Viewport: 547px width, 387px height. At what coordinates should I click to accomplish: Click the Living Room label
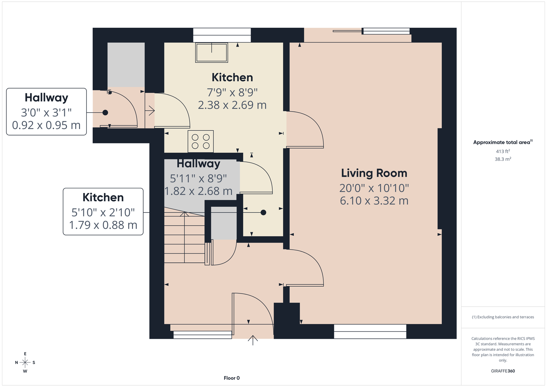pos(374,173)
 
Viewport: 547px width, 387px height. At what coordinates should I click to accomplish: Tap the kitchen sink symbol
pos(212,53)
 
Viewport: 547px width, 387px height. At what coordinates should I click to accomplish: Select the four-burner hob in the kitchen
pos(201,142)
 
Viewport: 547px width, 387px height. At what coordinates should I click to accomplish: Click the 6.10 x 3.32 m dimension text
pos(374,201)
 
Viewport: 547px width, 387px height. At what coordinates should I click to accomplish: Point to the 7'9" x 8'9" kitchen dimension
pos(232,92)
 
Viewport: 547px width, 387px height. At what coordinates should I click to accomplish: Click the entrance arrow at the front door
pos(253,340)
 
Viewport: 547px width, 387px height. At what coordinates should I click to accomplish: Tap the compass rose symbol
pos(25,362)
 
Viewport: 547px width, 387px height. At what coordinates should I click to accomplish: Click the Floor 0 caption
pos(232,378)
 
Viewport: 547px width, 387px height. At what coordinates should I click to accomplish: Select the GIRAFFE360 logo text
pos(503,371)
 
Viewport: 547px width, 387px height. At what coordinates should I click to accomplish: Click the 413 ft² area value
pos(503,151)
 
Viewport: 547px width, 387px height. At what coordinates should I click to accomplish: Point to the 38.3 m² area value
pos(503,159)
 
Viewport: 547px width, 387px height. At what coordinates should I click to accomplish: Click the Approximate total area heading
pos(503,142)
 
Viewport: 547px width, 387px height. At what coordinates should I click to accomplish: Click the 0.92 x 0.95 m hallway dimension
pos(46,125)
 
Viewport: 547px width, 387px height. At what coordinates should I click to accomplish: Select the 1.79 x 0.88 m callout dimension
pos(103,225)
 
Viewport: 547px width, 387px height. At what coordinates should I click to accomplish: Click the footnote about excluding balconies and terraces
pos(503,317)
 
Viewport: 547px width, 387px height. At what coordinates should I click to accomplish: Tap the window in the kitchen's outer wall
pos(222,35)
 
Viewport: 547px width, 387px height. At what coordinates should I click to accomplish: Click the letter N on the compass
pos(16,363)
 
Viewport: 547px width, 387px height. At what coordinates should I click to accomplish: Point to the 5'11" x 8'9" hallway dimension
pos(198,179)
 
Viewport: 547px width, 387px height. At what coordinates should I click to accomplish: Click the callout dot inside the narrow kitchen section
pos(263,213)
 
